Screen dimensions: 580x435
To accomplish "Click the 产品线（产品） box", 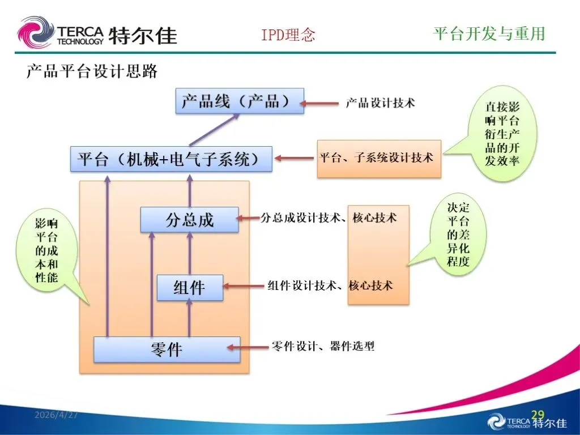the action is click(240, 101).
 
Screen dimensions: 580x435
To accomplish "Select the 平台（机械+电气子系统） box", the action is click(171, 159).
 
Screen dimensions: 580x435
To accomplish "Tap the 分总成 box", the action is click(189, 220).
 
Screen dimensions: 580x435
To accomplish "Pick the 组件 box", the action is click(190, 287).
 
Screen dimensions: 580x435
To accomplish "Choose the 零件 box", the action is click(167, 349).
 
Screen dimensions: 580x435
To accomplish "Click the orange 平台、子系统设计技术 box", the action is click(379, 159).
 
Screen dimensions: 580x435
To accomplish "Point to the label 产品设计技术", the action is click(380, 103).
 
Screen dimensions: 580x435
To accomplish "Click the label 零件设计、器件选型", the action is click(323, 346).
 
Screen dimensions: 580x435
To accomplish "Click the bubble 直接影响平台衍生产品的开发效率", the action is click(502, 134).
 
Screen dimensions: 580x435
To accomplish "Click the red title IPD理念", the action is click(288, 35).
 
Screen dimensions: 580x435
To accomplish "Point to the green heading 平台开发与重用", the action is click(489, 33).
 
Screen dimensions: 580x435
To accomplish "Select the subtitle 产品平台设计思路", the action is click(92, 71).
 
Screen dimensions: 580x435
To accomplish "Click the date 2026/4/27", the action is click(56, 415).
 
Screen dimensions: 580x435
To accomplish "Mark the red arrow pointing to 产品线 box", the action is click(319, 103).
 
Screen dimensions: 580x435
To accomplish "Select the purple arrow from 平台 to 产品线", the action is click(214, 130).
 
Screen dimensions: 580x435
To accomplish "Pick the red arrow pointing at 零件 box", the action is click(248, 347).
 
